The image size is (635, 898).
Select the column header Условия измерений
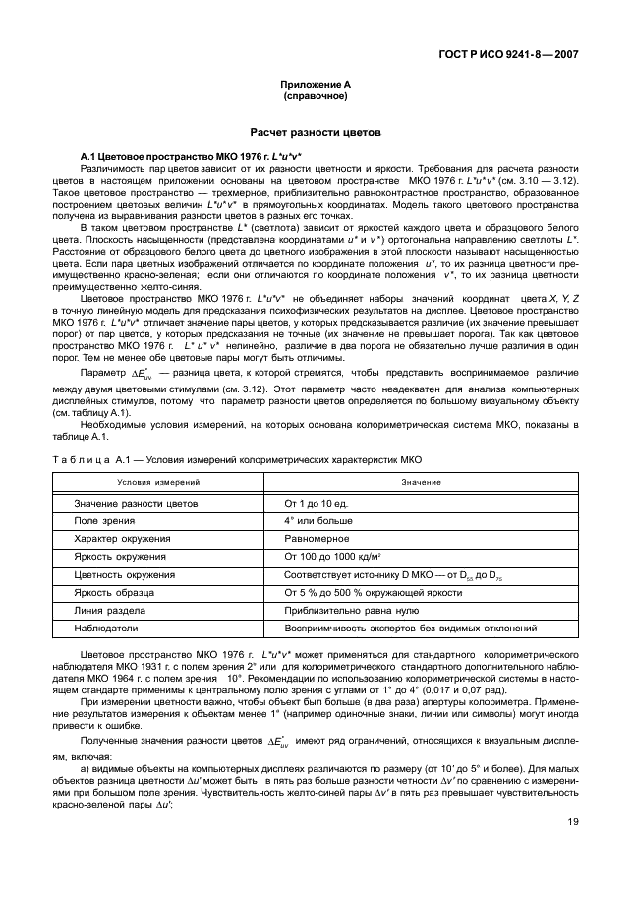159,483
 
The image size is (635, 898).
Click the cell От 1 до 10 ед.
320,503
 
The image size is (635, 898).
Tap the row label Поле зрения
100,520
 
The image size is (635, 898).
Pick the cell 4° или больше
318,520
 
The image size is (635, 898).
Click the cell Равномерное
318,539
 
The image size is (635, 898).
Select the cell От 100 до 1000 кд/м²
334,557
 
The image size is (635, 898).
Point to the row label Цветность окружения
125,574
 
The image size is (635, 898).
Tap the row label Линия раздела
108,610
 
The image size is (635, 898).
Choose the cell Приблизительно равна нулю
344,610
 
